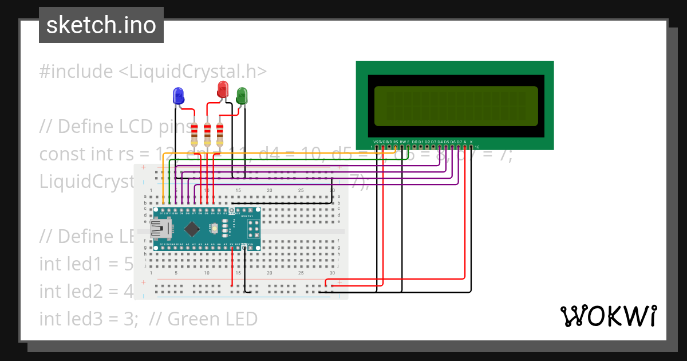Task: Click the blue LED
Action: (178, 96)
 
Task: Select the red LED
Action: (223, 89)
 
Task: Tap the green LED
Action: (242, 95)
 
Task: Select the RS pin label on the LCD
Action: (396, 141)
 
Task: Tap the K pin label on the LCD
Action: (471, 141)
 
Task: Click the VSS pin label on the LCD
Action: (376, 141)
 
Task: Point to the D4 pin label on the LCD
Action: (440, 141)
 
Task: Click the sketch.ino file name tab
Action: (101, 25)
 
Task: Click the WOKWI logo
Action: (608, 316)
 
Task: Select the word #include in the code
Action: (76, 72)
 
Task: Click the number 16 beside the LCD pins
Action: (477, 147)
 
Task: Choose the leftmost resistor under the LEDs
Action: (194, 134)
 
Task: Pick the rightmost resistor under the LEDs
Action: (219, 134)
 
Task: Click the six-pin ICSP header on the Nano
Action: (254, 229)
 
